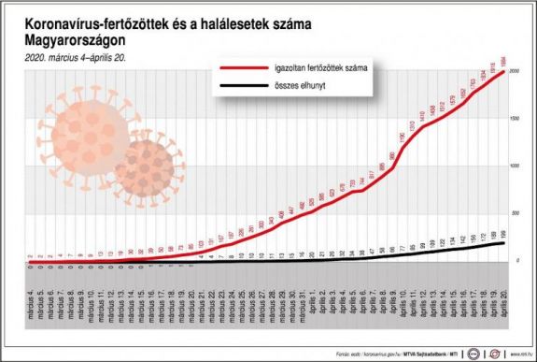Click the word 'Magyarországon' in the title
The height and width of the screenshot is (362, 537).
76,38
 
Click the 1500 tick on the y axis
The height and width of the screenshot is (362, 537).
514,119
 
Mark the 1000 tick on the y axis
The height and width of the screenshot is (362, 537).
514,167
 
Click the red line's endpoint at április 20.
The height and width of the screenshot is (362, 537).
505,72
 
